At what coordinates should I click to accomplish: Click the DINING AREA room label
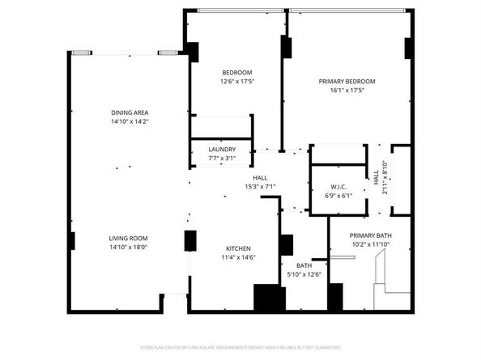130,112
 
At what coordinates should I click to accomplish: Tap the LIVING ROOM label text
130,238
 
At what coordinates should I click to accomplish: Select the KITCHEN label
238,248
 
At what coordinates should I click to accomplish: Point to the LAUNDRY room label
222,150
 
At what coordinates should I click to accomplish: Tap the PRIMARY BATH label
371,235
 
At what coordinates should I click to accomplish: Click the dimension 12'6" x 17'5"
237,82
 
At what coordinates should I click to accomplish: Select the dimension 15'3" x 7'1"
261,187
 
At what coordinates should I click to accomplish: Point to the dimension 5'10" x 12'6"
304,274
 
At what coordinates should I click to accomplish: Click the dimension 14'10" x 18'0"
130,248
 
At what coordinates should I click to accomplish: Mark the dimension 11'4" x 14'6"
238,257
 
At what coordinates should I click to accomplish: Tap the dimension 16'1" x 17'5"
346,91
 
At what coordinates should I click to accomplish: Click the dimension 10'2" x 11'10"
371,244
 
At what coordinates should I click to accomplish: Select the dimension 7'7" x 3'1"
222,159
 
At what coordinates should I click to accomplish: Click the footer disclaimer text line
240,347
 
